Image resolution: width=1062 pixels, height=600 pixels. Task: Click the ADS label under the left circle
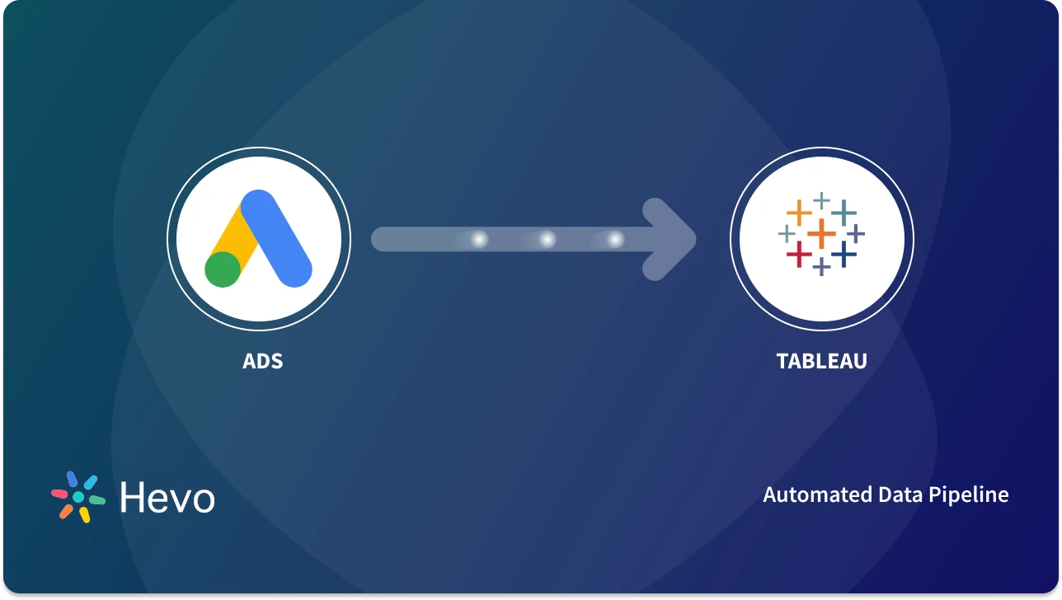tap(263, 361)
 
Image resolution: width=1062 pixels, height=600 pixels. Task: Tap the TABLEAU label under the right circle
tap(821, 361)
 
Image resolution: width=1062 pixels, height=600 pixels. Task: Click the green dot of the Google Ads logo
tap(223, 269)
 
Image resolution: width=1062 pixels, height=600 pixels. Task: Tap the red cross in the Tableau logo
tap(798, 255)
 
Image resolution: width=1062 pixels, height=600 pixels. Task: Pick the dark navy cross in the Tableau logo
tap(843, 255)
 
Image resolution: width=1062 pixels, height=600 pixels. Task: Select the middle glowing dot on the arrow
tap(547, 239)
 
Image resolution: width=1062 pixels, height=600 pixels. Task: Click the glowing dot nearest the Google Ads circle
tap(478, 239)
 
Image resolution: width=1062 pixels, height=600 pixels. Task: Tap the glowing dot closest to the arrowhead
tap(615, 239)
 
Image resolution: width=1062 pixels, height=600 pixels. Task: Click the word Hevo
tap(167, 498)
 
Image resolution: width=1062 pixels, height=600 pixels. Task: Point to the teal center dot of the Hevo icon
tap(78, 498)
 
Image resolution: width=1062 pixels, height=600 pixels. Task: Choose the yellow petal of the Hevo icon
tap(84, 515)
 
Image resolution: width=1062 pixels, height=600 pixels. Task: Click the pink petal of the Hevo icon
tap(59, 494)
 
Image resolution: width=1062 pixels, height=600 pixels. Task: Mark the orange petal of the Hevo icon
tap(66, 511)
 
